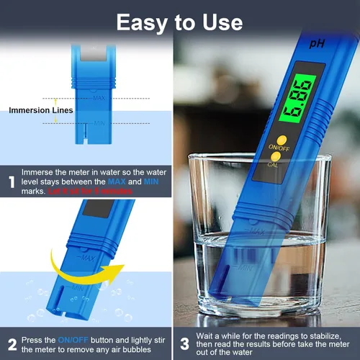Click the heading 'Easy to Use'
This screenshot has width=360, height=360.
[x=180, y=22]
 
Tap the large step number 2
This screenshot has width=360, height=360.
[x=11, y=344]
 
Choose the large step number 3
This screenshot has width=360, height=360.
[x=184, y=344]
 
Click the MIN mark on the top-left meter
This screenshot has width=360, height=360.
[x=99, y=123]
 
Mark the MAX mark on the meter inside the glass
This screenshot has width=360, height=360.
[x=253, y=232]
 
